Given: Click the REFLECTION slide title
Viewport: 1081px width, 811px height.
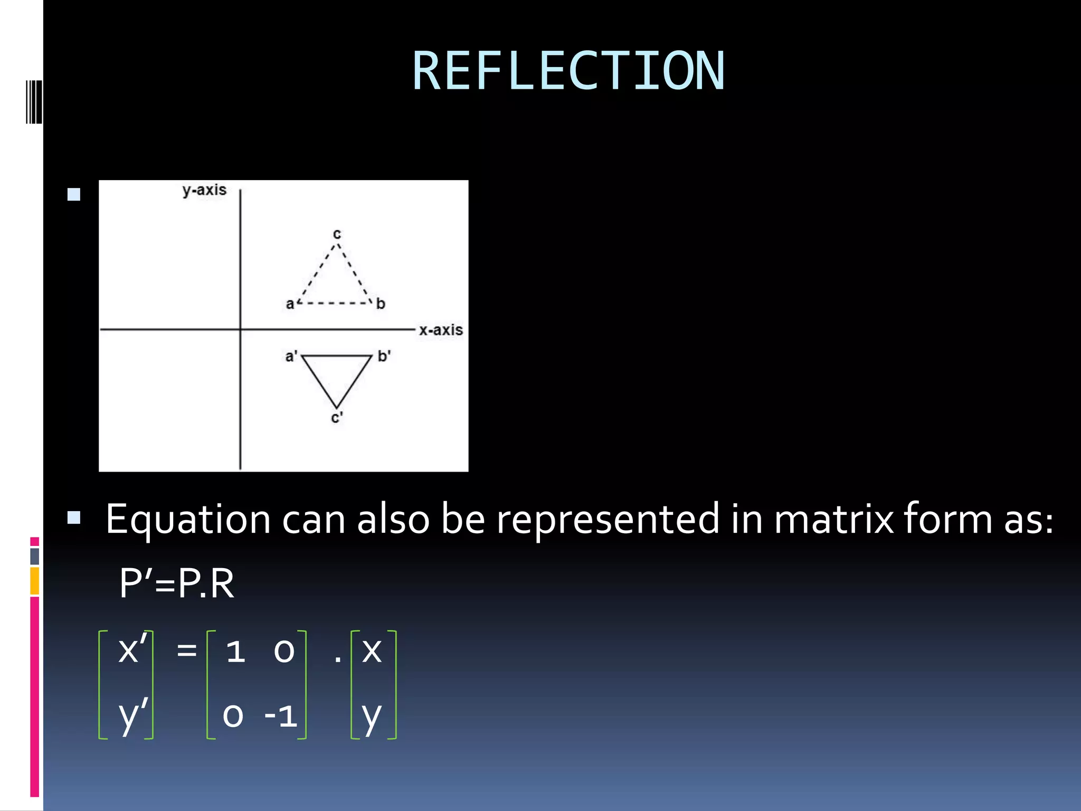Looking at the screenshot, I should point(568,71).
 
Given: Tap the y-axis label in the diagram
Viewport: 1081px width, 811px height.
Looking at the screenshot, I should point(204,190).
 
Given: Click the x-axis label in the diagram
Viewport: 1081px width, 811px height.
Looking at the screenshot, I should point(441,330).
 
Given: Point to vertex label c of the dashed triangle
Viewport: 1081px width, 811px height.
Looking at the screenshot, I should point(337,234).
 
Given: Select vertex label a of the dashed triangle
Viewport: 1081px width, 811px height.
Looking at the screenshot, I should point(290,304).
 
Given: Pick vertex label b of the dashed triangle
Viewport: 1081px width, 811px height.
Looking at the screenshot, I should point(381,304).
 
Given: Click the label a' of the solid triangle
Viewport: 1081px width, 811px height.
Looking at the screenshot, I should point(291,356).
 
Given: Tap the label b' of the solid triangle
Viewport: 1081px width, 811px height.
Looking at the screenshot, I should point(384,356).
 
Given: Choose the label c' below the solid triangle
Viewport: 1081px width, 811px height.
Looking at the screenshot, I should point(337,418).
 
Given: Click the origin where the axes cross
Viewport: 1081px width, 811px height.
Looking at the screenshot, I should point(240,329).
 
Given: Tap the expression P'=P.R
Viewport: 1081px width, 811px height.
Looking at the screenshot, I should point(176,584).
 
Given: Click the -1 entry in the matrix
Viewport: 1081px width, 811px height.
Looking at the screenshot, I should point(281,716).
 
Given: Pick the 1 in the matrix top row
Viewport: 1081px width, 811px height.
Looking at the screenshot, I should point(235,651).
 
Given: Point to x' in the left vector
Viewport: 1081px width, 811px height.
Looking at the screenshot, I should point(132,649).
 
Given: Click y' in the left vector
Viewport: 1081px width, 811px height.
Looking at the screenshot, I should point(132,715).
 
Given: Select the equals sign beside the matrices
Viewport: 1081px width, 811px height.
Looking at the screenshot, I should point(186,650).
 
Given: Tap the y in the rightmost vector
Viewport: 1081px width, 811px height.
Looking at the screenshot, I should point(372,716).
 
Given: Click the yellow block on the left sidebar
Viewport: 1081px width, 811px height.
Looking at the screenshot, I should point(34,581).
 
